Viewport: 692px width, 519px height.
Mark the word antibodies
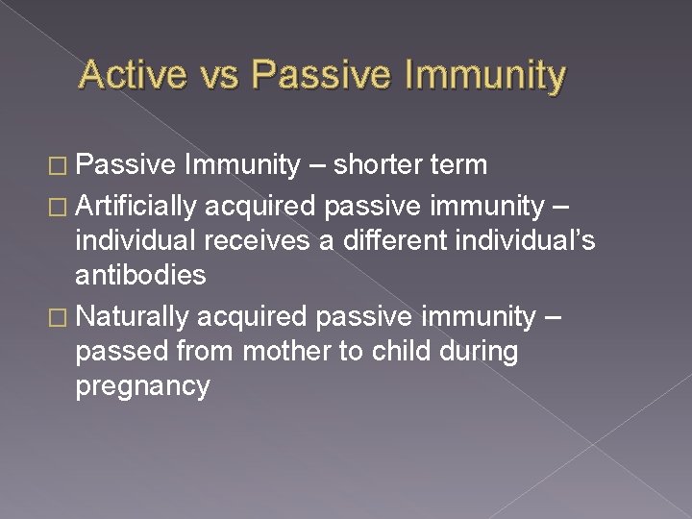[x=140, y=276]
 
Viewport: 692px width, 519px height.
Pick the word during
[x=478, y=351]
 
